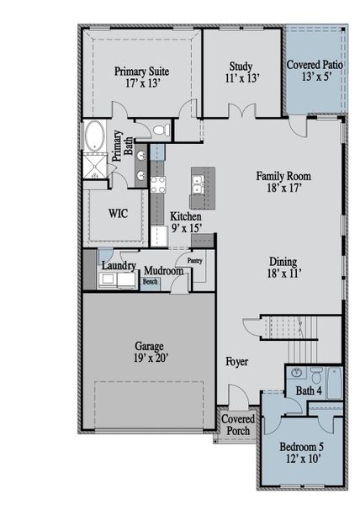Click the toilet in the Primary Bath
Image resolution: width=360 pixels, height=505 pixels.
pyautogui.click(x=158, y=130)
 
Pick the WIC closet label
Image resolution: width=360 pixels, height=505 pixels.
pyautogui.click(x=118, y=213)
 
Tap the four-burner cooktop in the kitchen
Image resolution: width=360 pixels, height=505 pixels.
pyautogui.click(x=157, y=183)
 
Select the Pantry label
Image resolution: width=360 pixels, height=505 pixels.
pyautogui.click(x=195, y=261)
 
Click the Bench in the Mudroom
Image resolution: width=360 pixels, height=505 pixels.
pyautogui.click(x=150, y=282)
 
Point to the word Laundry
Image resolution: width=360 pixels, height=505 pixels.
pyautogui.click(x=119, y=266)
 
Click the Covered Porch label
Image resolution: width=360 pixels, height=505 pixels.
pyautogui.click(x=238, y=424)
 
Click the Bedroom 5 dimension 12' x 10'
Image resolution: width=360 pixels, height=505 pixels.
pyautogui.click(x=300, y=459)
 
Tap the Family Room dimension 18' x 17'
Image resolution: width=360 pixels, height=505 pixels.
pyautogui.click(x=283, y=190)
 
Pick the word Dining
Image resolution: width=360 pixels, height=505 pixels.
pyautogui.click(x=283, y=261)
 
